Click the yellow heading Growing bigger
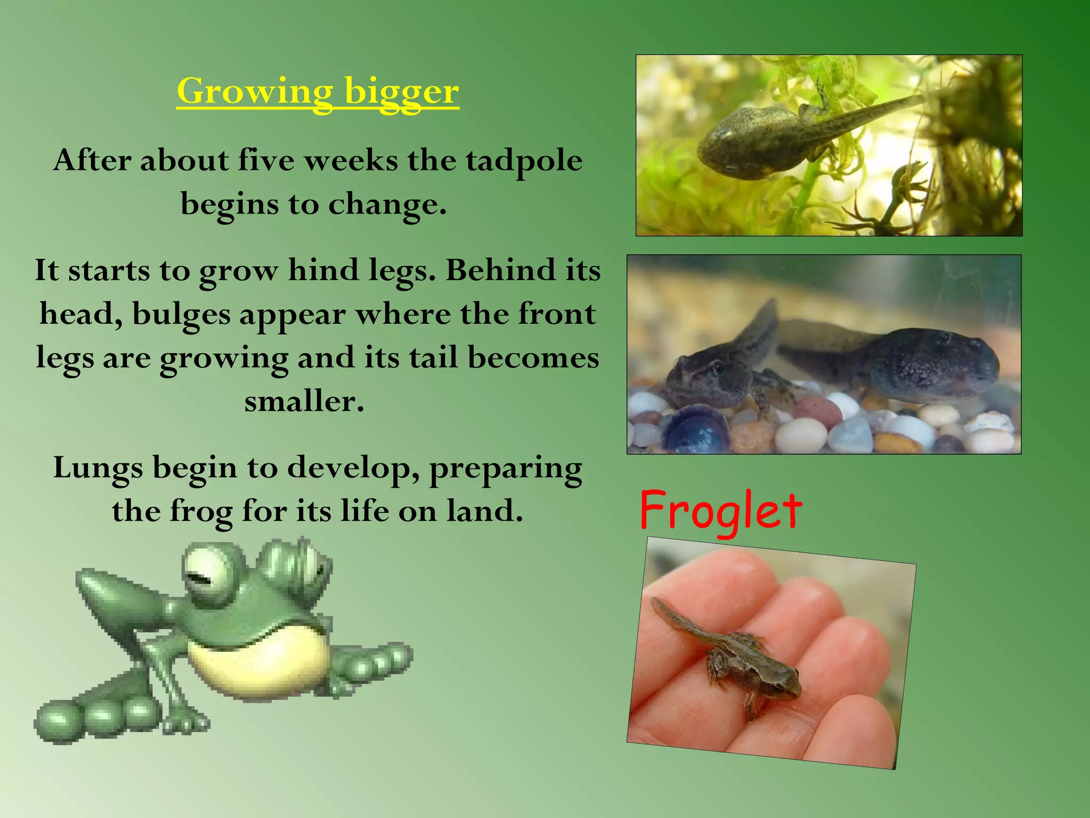tap(318, 91)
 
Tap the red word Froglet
tap(720, 511)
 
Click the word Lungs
tap(98, 468)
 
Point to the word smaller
tap(304, 402)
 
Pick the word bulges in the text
tap(181, 314)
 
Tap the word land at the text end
tap(483, 511)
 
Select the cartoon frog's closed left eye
tap(205, 575)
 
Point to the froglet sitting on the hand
tap(745, 660)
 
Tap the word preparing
tap(505, 468)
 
